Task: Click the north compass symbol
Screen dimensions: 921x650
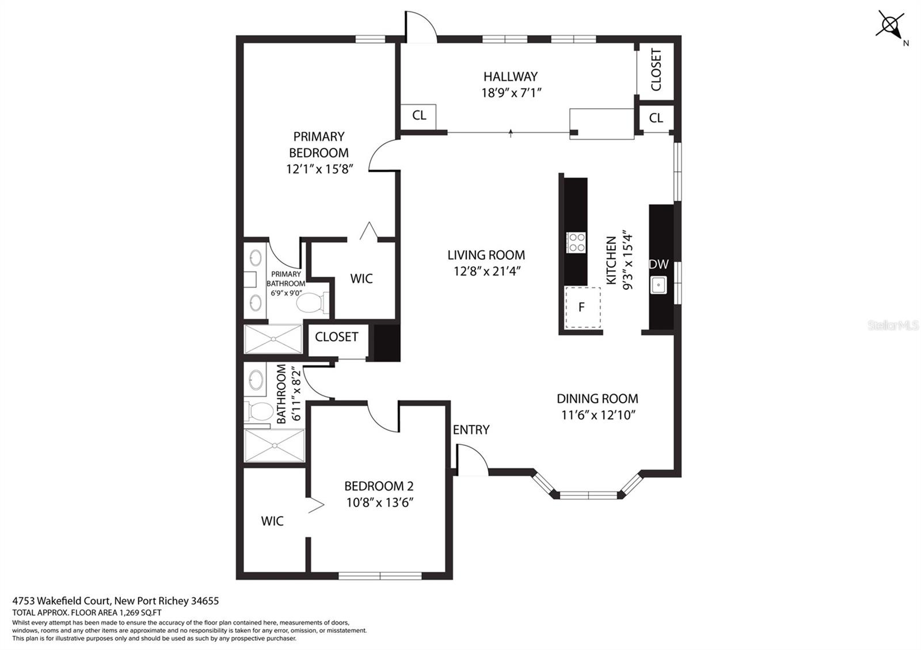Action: [890, 25]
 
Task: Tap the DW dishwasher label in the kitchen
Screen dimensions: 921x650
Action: [659, 265]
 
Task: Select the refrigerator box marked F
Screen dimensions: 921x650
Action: [582, 307]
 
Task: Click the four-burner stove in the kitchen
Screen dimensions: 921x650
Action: [576, 242]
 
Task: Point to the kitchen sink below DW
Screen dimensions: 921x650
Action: [659, 285]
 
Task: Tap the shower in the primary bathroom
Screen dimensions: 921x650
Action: [273, 339]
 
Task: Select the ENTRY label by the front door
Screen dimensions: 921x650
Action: [471, 430]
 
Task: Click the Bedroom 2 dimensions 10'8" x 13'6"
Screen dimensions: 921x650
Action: [379, 503]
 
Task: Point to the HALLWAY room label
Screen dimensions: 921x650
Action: [511, 77]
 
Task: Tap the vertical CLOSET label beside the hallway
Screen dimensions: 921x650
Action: [656, 70]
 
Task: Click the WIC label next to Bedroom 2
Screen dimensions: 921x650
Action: [272, 521]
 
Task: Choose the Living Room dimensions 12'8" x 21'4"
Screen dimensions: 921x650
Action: [487, 271]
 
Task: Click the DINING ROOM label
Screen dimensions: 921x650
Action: [597, 399]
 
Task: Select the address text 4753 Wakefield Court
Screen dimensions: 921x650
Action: [62, 601]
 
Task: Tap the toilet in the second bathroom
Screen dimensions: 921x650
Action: [260, 411]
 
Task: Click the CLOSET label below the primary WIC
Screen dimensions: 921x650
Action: [336, 337]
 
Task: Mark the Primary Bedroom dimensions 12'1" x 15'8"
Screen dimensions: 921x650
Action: [319, 169]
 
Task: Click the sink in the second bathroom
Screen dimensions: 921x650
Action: [256, 379]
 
